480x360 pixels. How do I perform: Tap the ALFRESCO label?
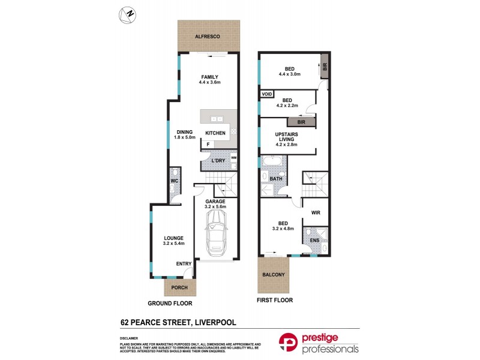click(208, 37)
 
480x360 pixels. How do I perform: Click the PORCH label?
click(179, 287)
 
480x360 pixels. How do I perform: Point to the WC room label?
click(175, 179)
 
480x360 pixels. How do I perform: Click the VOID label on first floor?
click(267, 94)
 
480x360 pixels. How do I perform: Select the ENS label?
click(315, 241)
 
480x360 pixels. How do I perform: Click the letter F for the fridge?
click(208, 144)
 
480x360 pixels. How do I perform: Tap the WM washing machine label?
click(233, 158)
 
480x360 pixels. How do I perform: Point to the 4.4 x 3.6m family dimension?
click(209, 83)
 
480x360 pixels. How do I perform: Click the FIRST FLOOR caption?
click(274, 300)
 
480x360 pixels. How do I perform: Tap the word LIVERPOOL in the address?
click(214, 323)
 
